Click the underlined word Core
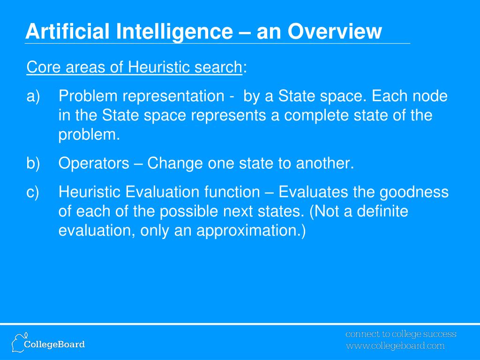41,67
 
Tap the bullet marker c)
33,192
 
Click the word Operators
94,164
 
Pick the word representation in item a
173,97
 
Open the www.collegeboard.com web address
395,346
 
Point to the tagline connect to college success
401,334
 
